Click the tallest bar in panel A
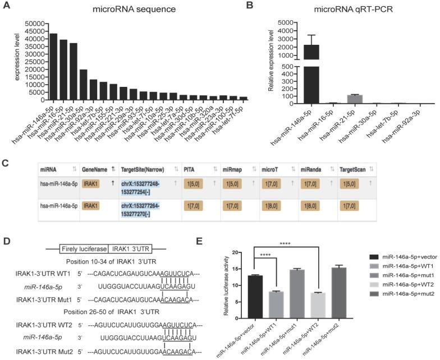point(53,66)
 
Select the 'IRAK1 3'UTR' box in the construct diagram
point(130,232)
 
